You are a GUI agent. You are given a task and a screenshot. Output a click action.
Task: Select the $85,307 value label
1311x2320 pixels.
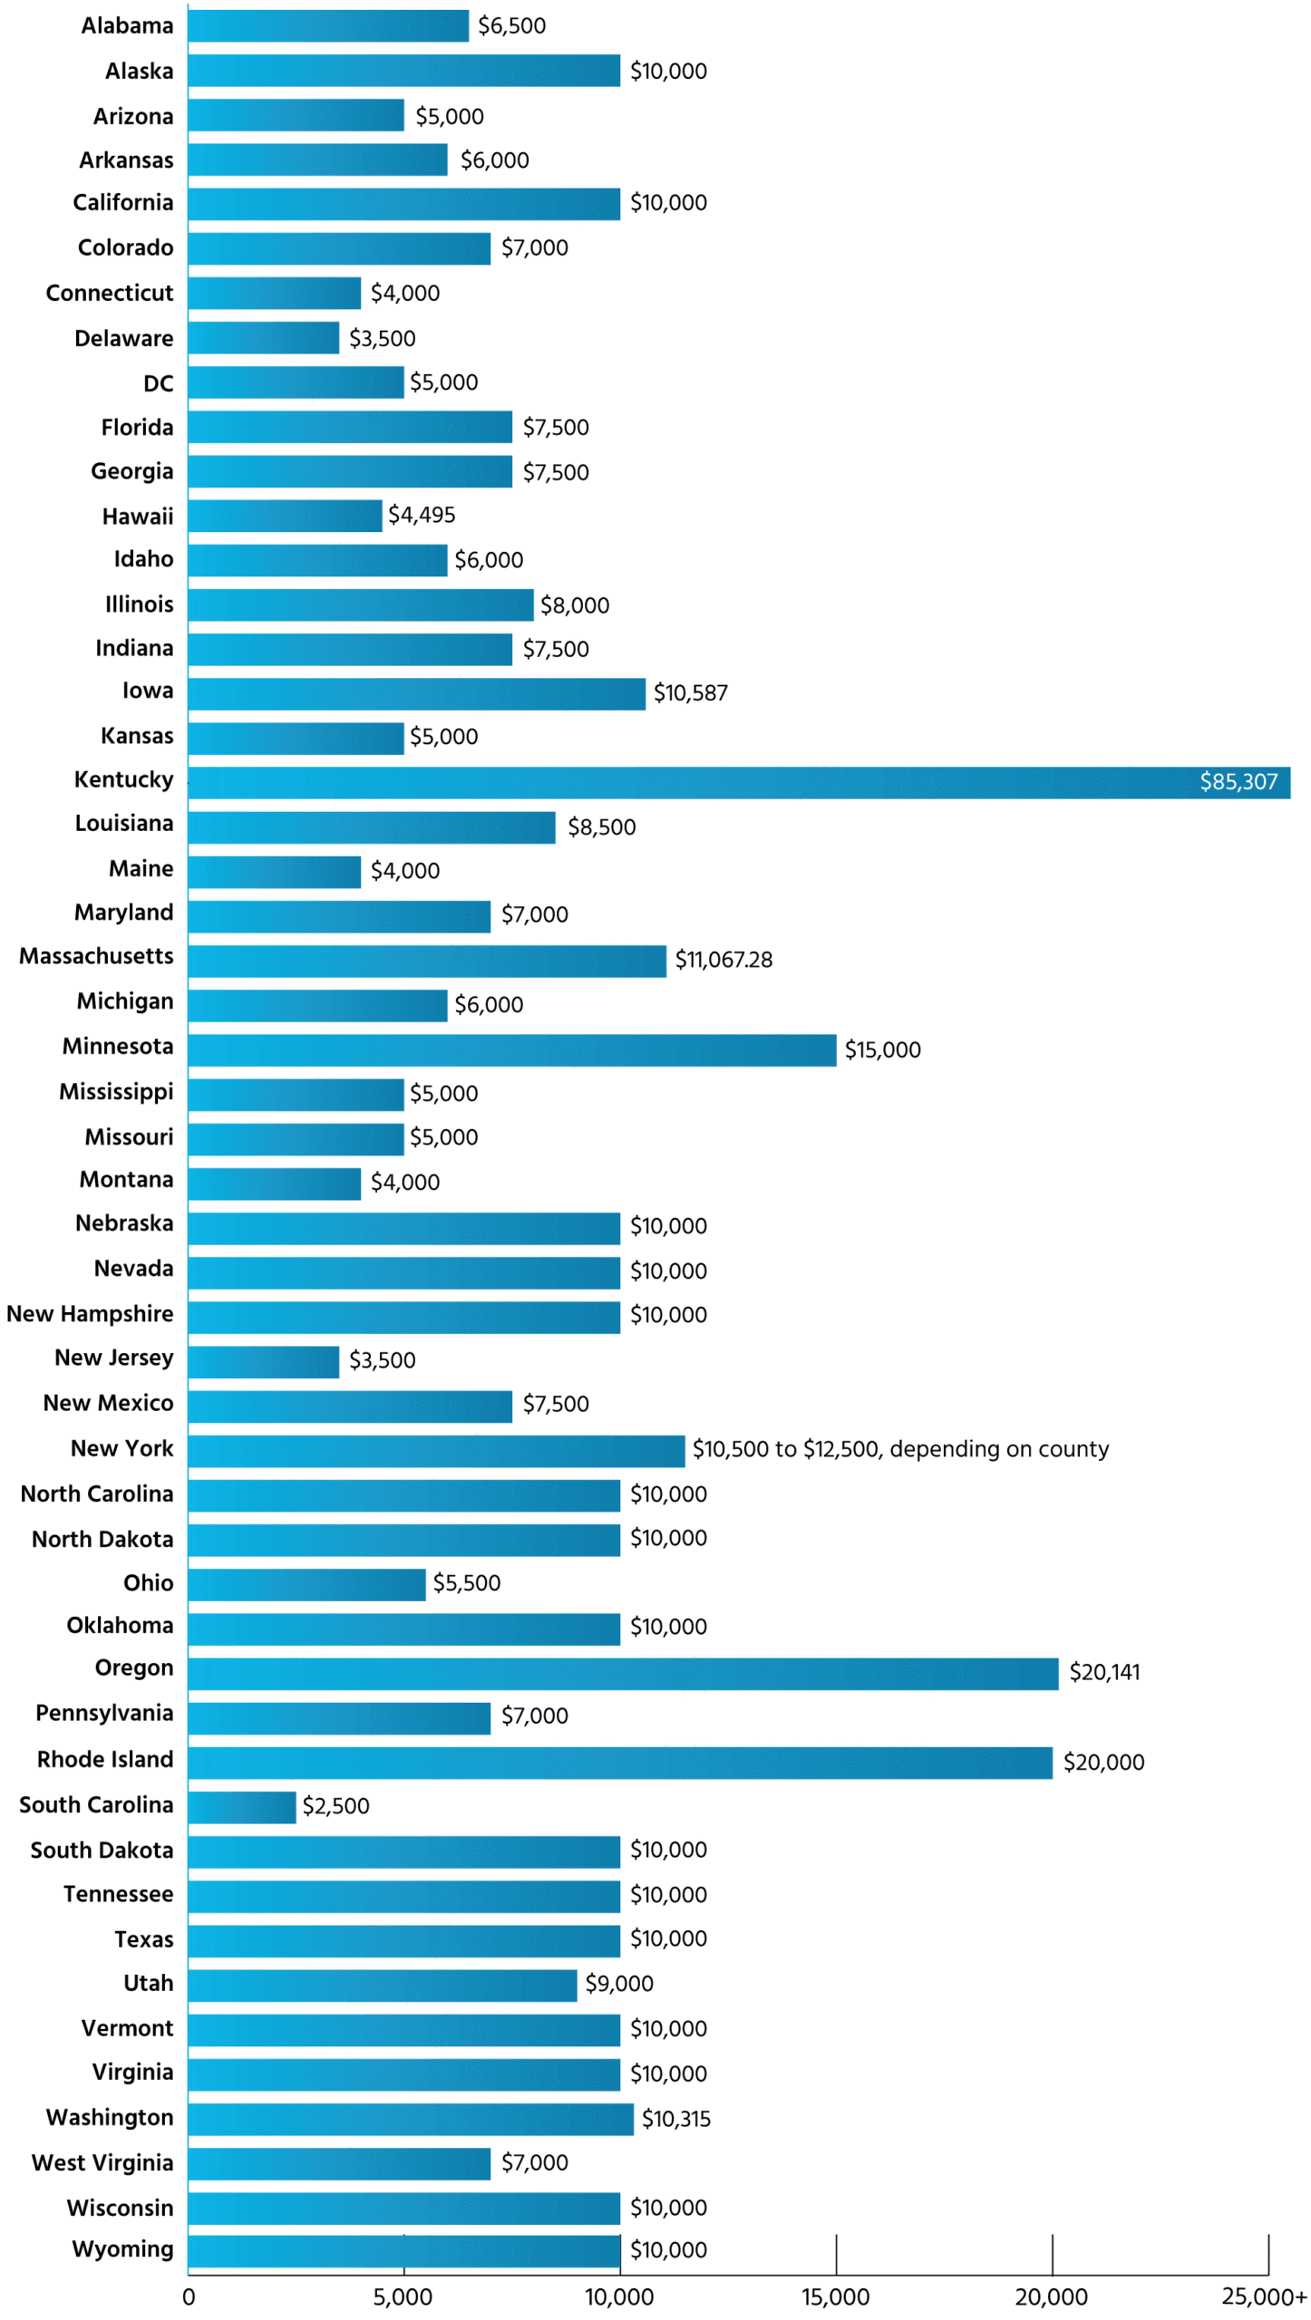[x=1238, y=782]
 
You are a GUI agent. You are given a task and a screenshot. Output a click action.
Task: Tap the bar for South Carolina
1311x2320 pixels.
[x=241, y=1806]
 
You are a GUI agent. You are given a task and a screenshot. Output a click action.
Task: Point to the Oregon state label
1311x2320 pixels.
[x=133, y=1667]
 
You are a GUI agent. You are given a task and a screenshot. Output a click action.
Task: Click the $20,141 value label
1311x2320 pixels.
[x=1103, y=1672]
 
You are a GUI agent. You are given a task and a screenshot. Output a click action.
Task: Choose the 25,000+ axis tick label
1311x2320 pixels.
[x=1263, y=2296]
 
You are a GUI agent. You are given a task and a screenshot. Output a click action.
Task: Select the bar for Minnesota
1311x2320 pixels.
[x=511, y=1049]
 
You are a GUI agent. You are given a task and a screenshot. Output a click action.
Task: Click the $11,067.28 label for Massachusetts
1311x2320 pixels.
[x=723, y=960]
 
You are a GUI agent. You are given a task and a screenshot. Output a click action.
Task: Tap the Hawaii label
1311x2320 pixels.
[x=137, y=517]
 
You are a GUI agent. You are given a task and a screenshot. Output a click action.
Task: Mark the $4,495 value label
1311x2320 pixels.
[x=422, y=515]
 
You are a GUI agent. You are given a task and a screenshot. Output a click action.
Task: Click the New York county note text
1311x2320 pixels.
[x=899, y=1449]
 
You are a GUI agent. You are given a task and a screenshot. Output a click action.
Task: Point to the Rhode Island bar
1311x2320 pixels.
[x=619, y=1762]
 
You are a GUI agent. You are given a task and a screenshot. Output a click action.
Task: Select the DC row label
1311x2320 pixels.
[x=158, y=383]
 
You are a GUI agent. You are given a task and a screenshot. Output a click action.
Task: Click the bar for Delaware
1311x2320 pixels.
[x=263, y=338]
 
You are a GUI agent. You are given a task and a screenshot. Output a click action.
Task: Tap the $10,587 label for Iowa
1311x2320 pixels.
[x=690, y=693]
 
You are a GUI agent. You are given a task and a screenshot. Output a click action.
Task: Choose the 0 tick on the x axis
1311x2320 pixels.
[x=189, y=2296]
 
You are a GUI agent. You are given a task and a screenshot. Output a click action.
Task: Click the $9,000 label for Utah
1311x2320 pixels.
[x=618, y=1983]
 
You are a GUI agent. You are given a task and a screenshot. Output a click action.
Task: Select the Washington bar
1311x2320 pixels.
[x=410, y=2119]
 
